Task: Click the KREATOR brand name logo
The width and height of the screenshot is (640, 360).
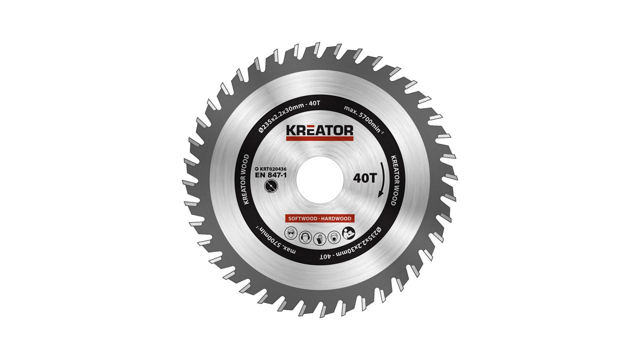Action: pos(319,130)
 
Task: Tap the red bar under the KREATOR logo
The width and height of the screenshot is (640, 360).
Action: pos(319,138)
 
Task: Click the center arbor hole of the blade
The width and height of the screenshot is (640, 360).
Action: pos(319,179)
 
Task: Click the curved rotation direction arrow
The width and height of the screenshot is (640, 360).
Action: pos(382,179)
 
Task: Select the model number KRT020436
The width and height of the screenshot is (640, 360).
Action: pos(270,169)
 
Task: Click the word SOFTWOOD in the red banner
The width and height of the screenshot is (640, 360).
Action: pos(302,218)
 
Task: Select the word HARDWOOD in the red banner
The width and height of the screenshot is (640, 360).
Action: pos(336,218)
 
